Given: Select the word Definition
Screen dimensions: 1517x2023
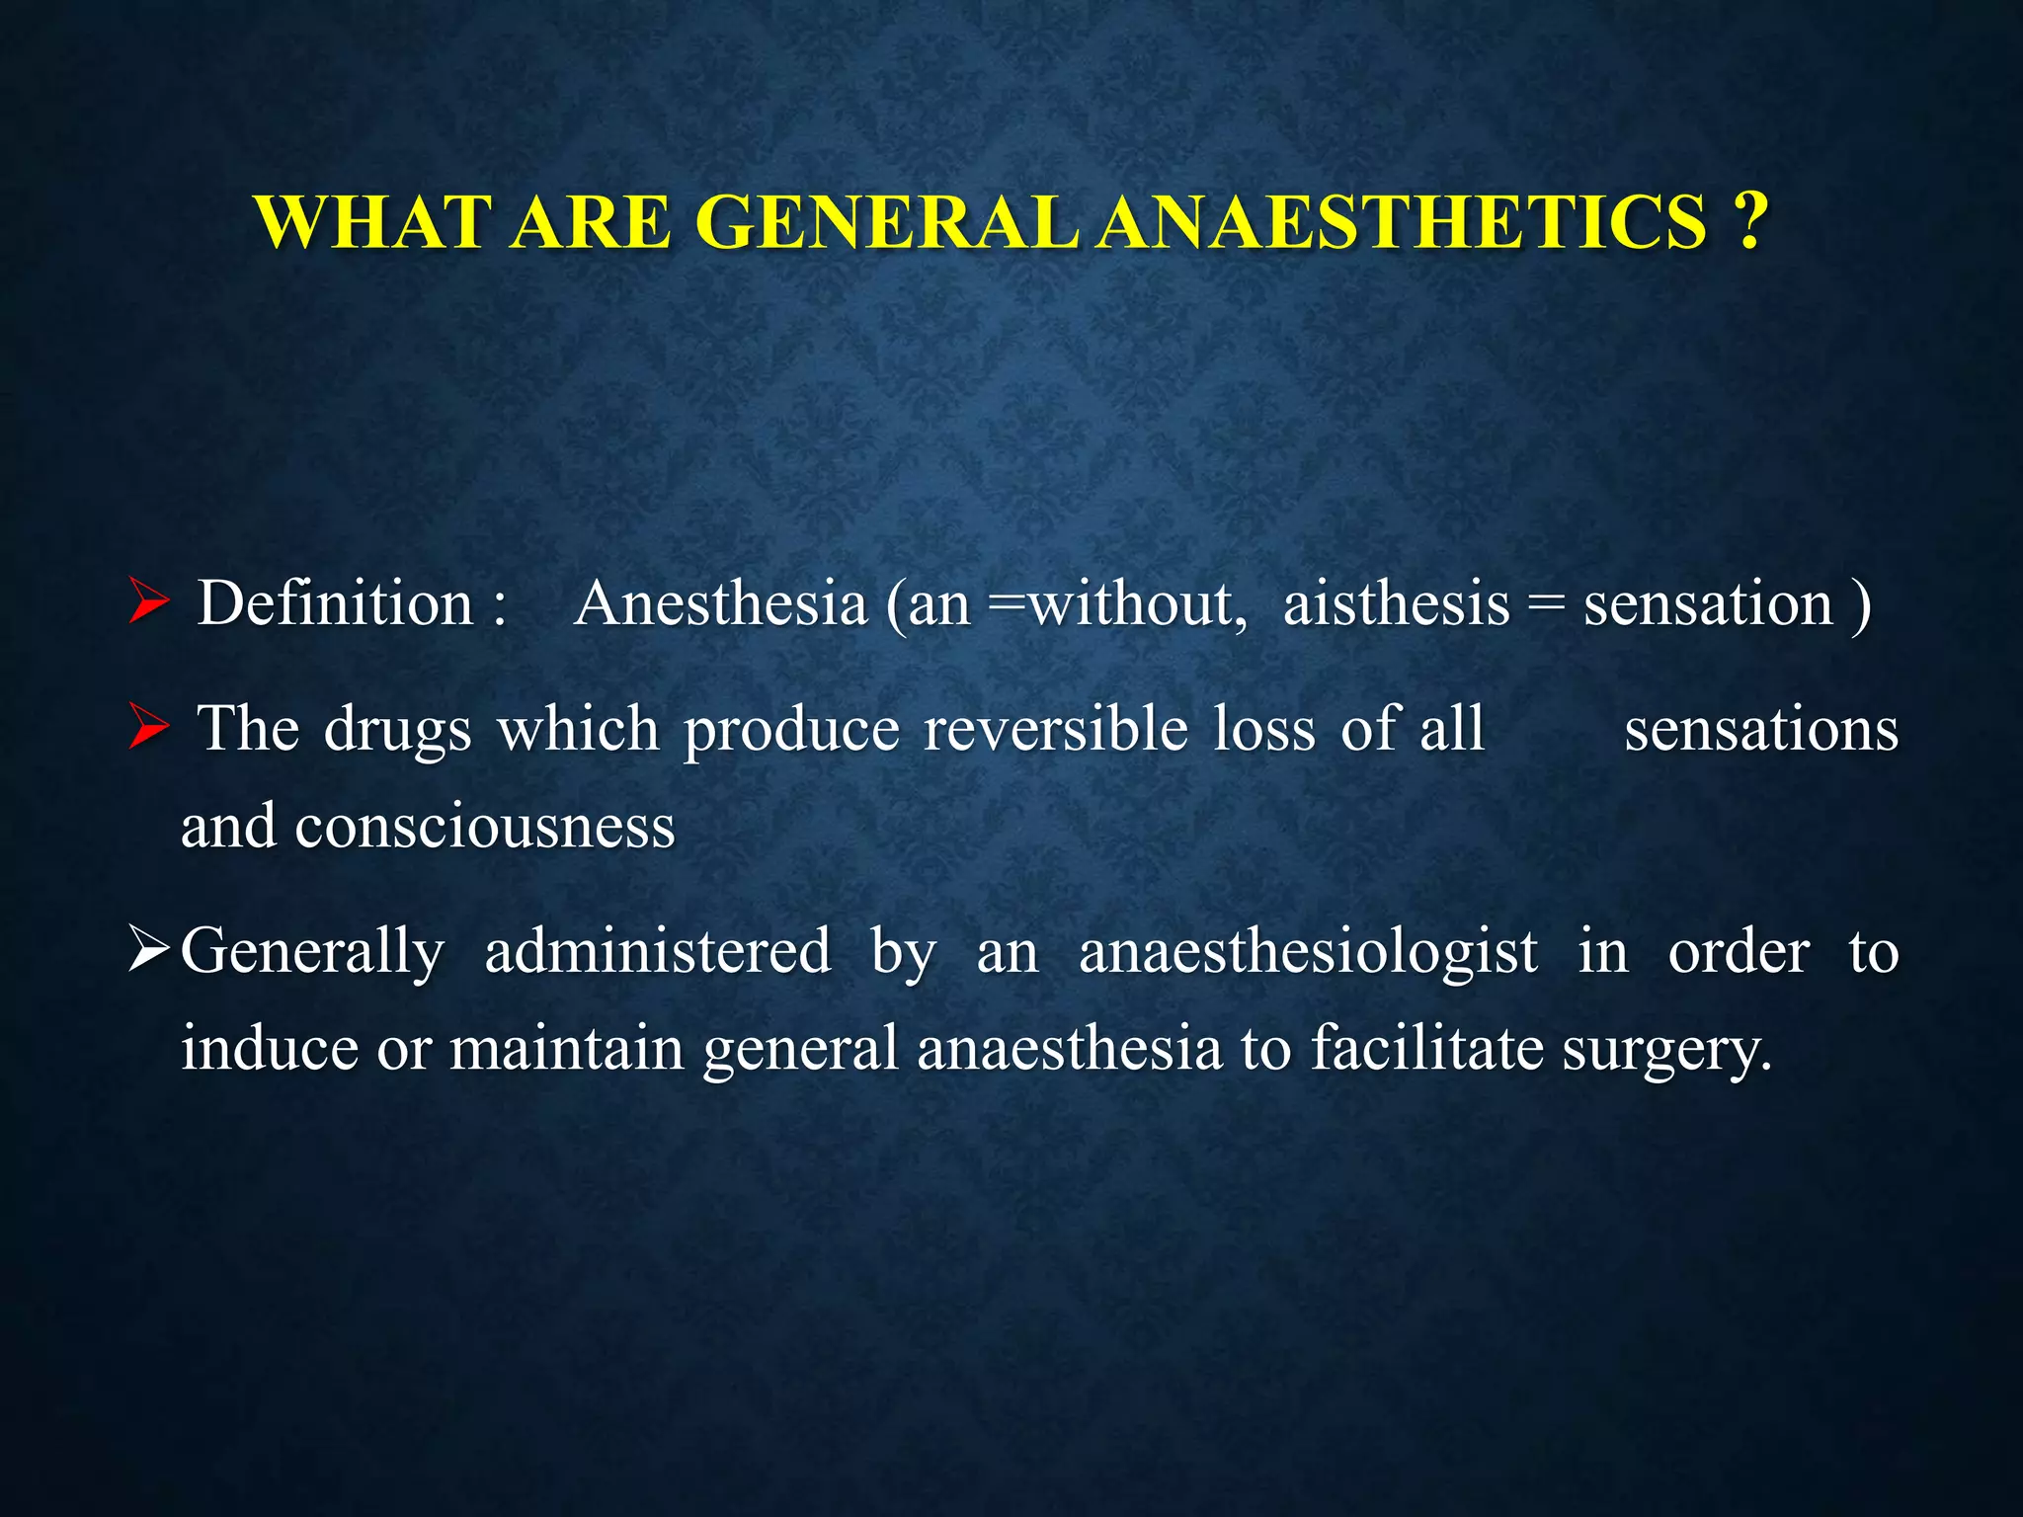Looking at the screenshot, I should [x=336, y=603].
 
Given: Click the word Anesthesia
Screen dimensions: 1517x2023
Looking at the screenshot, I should [x=720, y=603].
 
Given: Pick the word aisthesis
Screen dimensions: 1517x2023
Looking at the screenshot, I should [x=1396, y=603].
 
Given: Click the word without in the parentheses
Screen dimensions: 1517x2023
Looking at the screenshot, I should [x=1131, y=603].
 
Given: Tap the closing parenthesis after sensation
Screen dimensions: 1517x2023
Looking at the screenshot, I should [x=1861, y=605].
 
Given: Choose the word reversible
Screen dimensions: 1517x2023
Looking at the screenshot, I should [x=1055, y=730].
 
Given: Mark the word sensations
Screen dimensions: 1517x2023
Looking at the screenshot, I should [x=1761, y=730].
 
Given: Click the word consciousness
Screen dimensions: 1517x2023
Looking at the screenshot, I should [x=484, y=827].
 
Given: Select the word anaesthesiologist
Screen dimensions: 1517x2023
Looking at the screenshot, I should [x=1308, y=953].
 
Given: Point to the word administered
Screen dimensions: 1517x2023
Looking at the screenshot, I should [x=658, y=953].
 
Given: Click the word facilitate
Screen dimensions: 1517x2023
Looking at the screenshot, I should [x=1426, y=1049].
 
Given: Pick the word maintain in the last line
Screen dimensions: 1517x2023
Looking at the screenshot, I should [x=567, y=1049].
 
